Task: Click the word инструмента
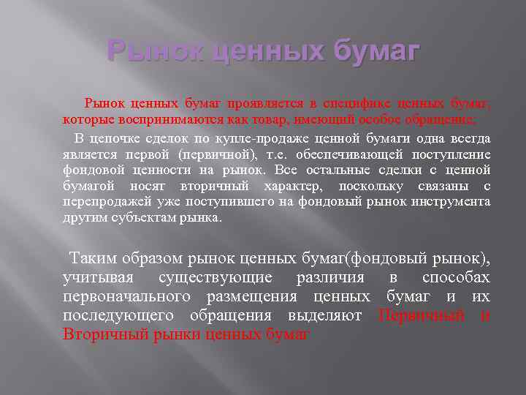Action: [451, 201]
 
